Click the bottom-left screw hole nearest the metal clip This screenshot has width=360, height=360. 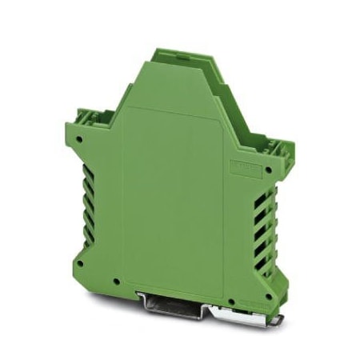(x=118, y=282)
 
